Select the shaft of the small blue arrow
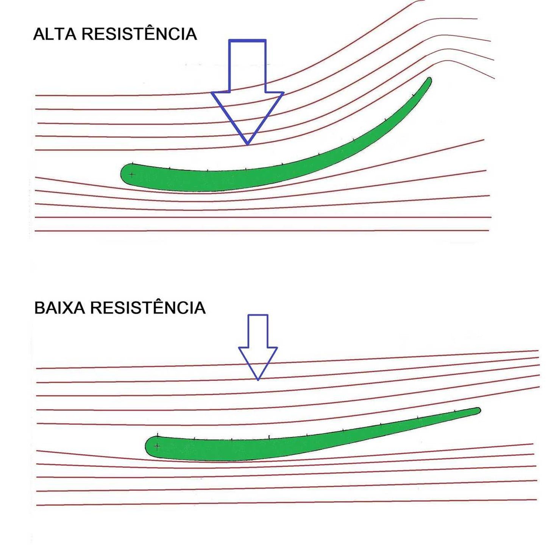point(258,331)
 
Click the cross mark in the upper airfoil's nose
point(131,175)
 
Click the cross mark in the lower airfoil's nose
point(157,446)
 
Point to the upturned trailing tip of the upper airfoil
point(429,80)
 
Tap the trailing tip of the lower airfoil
point(478,410)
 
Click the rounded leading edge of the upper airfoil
point(122,174)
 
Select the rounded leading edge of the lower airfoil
point(147,447)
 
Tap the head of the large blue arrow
point(247,114)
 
